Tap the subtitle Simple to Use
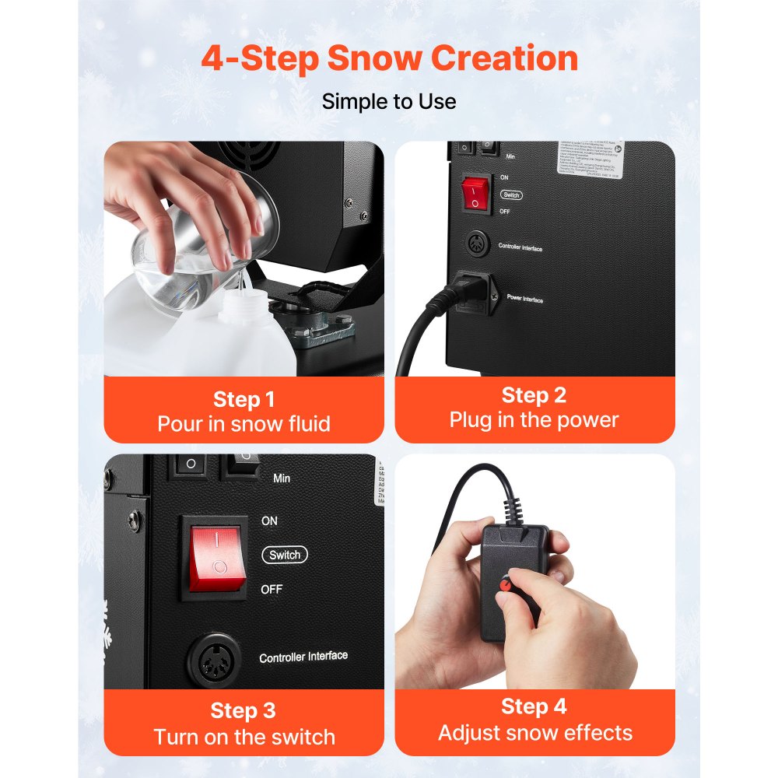click(389, 101)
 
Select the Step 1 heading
click(244, 400)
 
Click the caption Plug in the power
click(534, 420)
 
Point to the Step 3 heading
click(244, 711)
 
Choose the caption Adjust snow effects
click(535, 732)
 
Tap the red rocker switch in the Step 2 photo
click(475, 193)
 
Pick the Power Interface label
click(525, 299)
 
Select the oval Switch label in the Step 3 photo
click(285, 555)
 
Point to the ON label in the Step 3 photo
click(269, 520)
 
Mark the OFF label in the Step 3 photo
click(272, 590)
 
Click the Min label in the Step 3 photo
click(282, 478)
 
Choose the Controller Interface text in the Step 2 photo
click(520, 247)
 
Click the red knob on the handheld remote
click(506, 582)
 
